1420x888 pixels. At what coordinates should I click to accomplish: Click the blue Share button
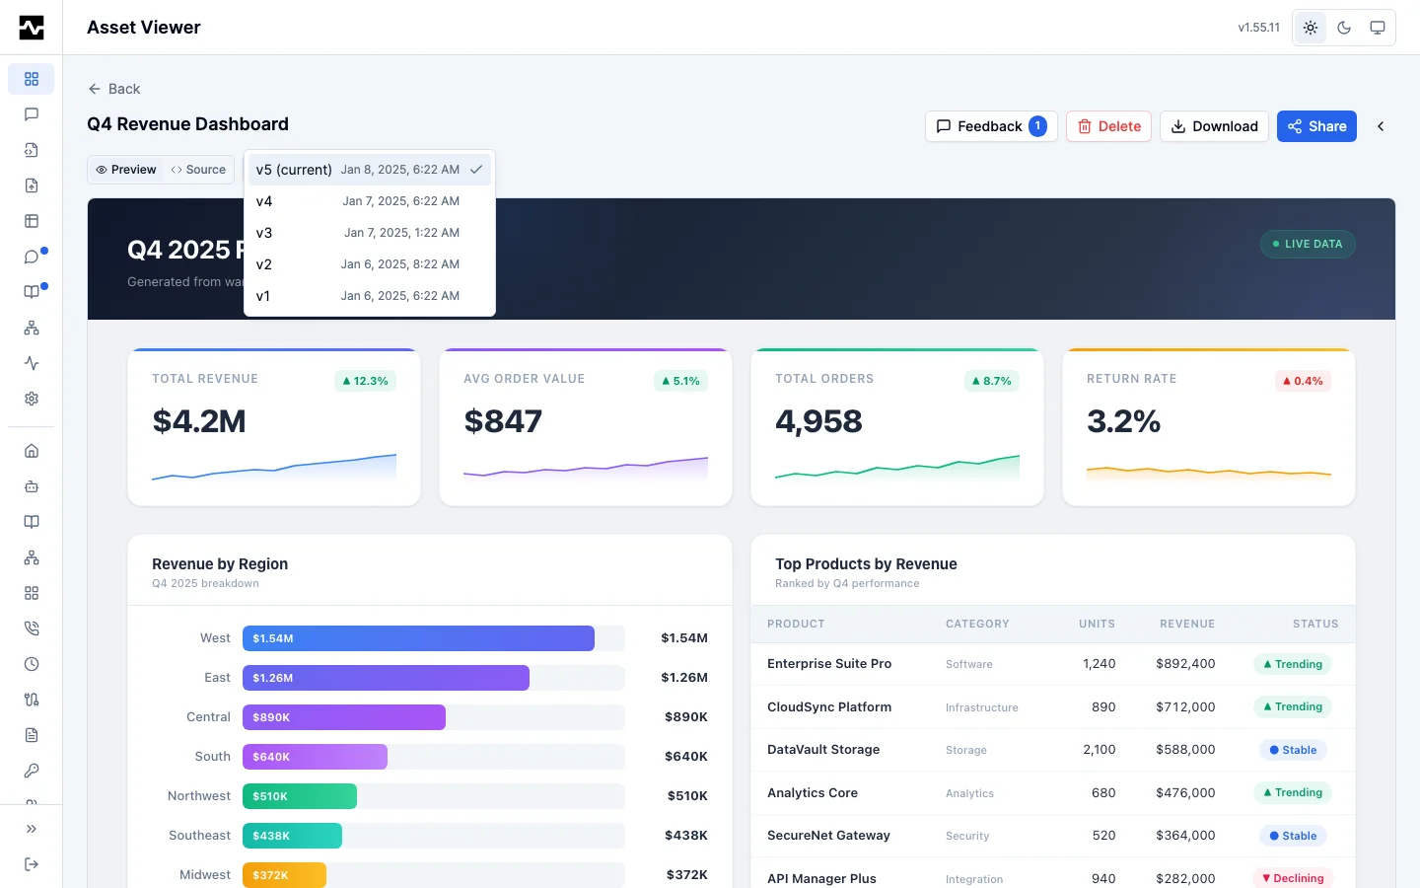[x=1316, y=126]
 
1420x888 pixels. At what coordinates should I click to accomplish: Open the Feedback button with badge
[x=991, y=126]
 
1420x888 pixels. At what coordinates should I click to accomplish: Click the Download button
[x=1213, y=126]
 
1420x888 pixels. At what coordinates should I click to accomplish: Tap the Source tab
[x=198, y=170]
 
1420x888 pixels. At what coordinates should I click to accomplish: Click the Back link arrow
[x=95, y=89]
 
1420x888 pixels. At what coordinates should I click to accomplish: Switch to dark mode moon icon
[x=1344, y=28]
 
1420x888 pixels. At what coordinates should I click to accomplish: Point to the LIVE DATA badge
[x=1308, y=245]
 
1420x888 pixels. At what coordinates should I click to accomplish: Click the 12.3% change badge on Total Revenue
[x=365, y=381]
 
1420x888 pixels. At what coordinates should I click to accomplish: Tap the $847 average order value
[x=503, y=421]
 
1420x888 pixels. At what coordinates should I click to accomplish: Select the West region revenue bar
[x=418, y=638]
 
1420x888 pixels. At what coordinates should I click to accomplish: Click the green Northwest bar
[x=300, y=796]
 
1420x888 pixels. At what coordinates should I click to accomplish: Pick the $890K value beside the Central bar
[x=686, y=716]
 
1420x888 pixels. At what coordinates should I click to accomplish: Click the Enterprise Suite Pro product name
[x=829, y=663]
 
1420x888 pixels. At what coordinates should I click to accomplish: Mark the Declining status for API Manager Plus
[x=1293, y=878]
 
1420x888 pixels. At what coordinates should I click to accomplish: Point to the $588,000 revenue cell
[x=1185, y=750]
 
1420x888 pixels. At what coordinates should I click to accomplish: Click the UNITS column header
[x=1097, y=624]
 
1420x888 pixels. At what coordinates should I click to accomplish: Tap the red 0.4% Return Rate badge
[x=1303, y=381]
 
